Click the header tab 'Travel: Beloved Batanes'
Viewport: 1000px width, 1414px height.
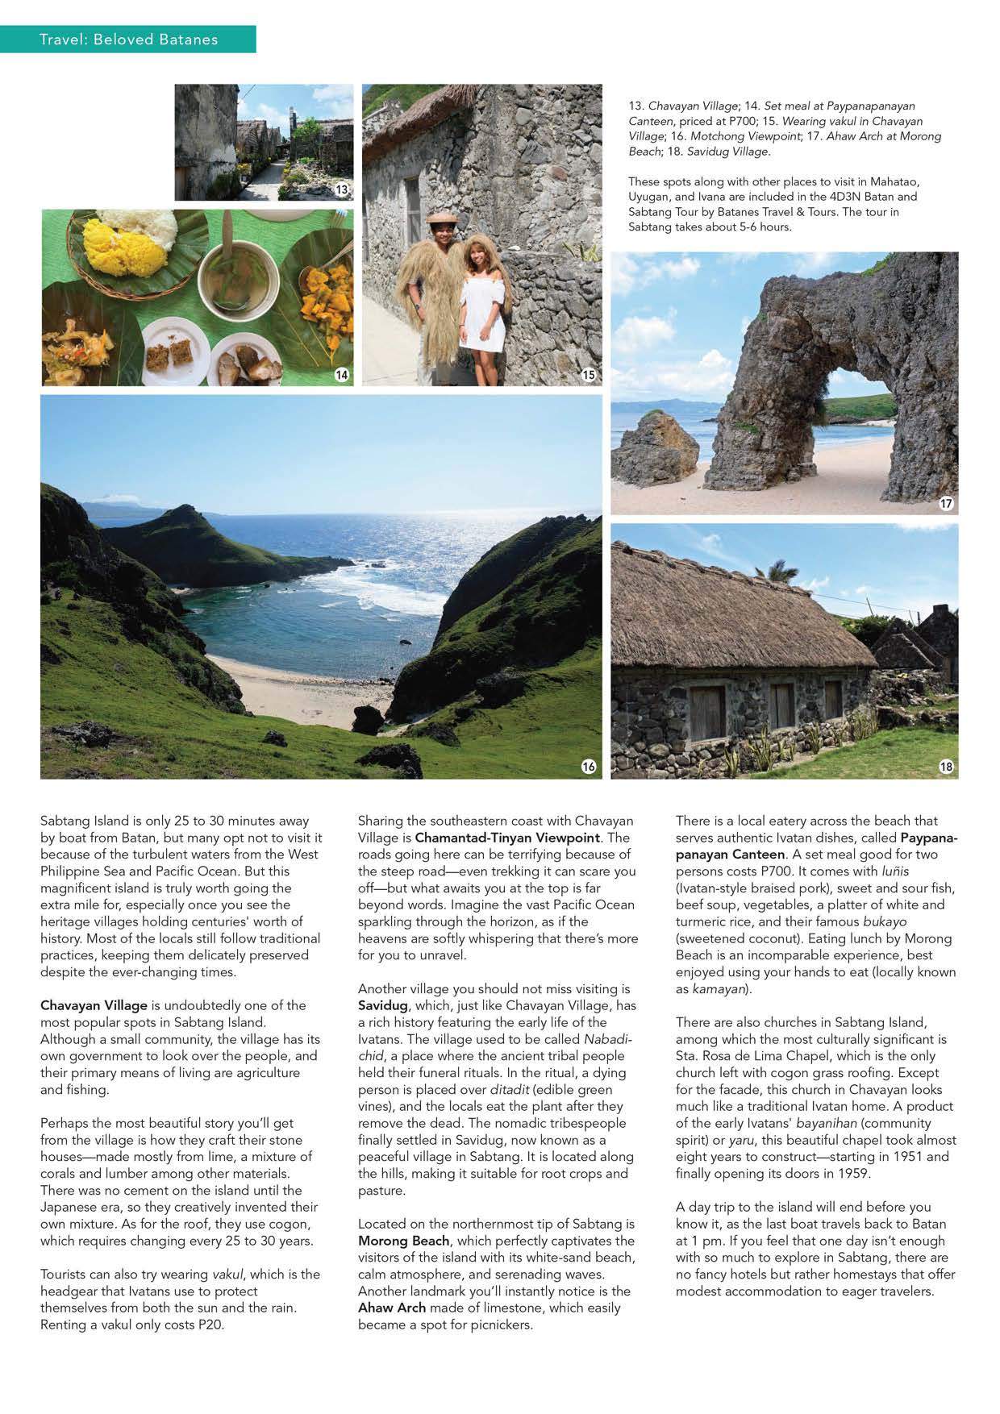click(x=128, y=39)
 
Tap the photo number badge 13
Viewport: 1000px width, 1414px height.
click(x=342, y=189)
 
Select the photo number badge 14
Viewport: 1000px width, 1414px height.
click(x=342, y=375)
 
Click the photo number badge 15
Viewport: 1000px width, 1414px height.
click(x=589, y=375)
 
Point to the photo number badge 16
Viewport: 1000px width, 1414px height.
click(x=589, y=767)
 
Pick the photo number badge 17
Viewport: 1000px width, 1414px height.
click(x=946, y=503)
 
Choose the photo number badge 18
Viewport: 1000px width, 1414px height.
click(x=946, y=767)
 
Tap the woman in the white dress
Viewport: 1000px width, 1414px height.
click(x=482, y=306)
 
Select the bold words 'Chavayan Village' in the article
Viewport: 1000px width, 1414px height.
click(x=94, y=1005)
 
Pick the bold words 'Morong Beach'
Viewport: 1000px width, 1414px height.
click(x=404, y=1241)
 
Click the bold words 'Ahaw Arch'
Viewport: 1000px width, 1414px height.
click(x=392, y=1308)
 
